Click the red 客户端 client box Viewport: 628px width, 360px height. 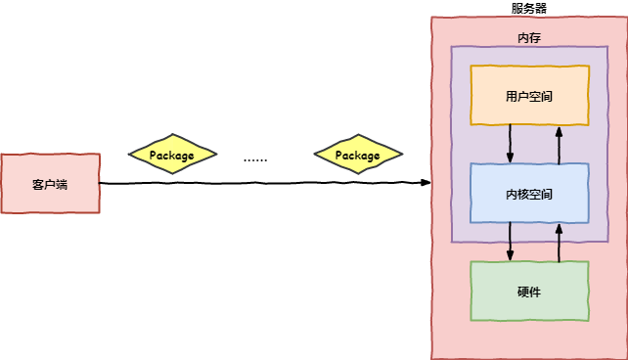tap(50, 183)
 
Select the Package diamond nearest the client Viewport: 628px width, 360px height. tap(171, 155)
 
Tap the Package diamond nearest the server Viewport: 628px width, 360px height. tap(357, 155)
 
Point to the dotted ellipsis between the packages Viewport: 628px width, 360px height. tap(255, 158)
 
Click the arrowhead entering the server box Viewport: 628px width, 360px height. tap(425, 183)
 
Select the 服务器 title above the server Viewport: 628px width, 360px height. tap(528, 8)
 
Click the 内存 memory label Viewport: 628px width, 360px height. tap(528, 37)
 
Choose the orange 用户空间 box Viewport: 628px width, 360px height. tap(529, 95)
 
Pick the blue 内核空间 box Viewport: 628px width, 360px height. tap(529, 193)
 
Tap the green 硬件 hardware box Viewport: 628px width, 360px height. tap(529, 291)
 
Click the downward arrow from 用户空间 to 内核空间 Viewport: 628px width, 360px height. tap(510, 144)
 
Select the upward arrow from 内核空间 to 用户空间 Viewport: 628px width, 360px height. tap(559, 144)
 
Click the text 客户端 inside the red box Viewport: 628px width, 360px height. tap(50, 184)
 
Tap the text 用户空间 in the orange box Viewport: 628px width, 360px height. tap(529, 96)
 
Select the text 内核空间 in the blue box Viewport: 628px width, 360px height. tap(529, 194)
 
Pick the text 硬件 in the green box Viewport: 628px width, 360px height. tap(529, 292)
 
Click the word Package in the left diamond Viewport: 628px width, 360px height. tap(171, 156)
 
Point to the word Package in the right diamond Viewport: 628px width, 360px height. tap(357, 156)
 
